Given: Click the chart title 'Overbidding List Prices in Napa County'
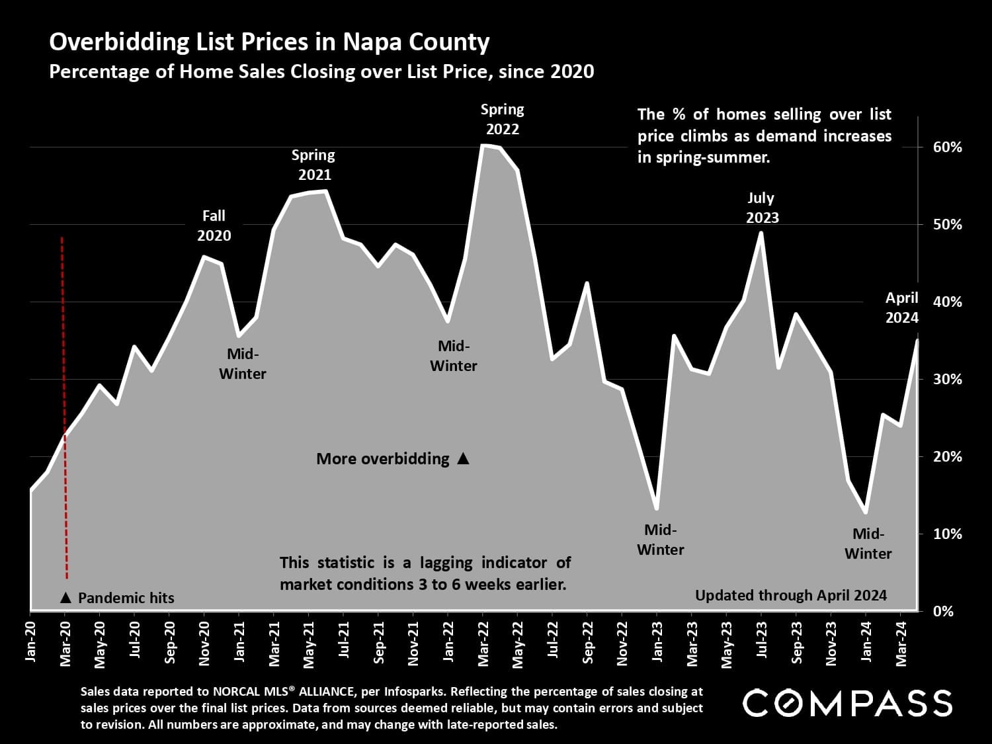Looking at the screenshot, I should pyautogui.click(x=269, y=42).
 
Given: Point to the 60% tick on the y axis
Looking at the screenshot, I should pyautogui.click(x=947, y=147).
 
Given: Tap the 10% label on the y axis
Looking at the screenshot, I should pyautogui.click(x=947, y=534).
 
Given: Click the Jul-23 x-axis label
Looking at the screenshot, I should pyautogui.click(x=761, y=639).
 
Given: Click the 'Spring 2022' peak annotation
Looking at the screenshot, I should pyautogui.click(x=502, y=119).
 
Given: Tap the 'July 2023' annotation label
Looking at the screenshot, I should pyautogui.click(x=762, y=208).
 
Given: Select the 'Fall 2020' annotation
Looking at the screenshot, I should pyautogui.click(x=214, y=226).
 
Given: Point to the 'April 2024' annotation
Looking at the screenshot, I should pyautogui.click(x=901, y=308).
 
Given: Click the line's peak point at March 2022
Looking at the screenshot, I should pyautogui.click(x=483, y=145).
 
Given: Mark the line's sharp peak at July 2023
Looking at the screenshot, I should pyautogui.click(x=761, y=233).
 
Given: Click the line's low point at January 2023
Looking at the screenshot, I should pyautogui.click(x=657, y=508).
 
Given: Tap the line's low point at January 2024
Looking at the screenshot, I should pyautogui.click(x=866, y=512).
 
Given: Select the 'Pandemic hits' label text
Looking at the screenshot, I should pyautogui.click(x=126, y=598).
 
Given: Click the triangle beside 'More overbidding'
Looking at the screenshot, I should pyautogui.click(x=463, y=458).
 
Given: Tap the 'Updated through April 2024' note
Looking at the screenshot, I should pyautogui.click(x=790, y=595).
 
